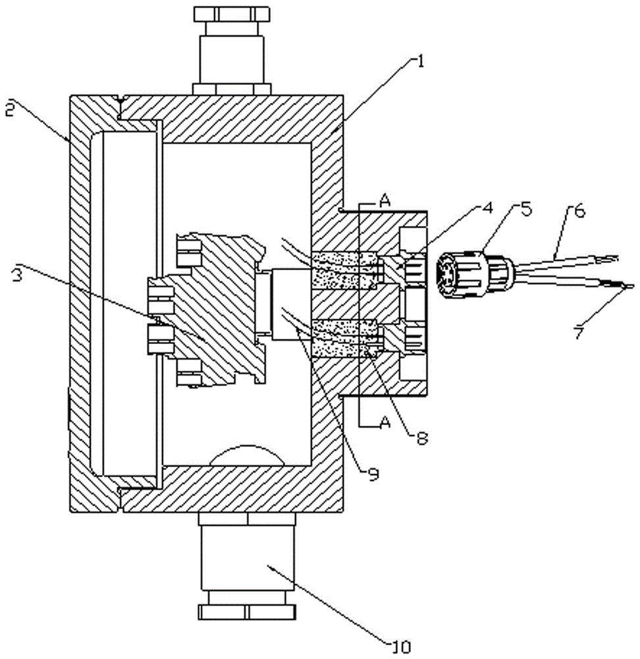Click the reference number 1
(419, 61)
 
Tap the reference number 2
(11, 109)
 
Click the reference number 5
(525, 209)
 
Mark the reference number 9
(373, 474)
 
